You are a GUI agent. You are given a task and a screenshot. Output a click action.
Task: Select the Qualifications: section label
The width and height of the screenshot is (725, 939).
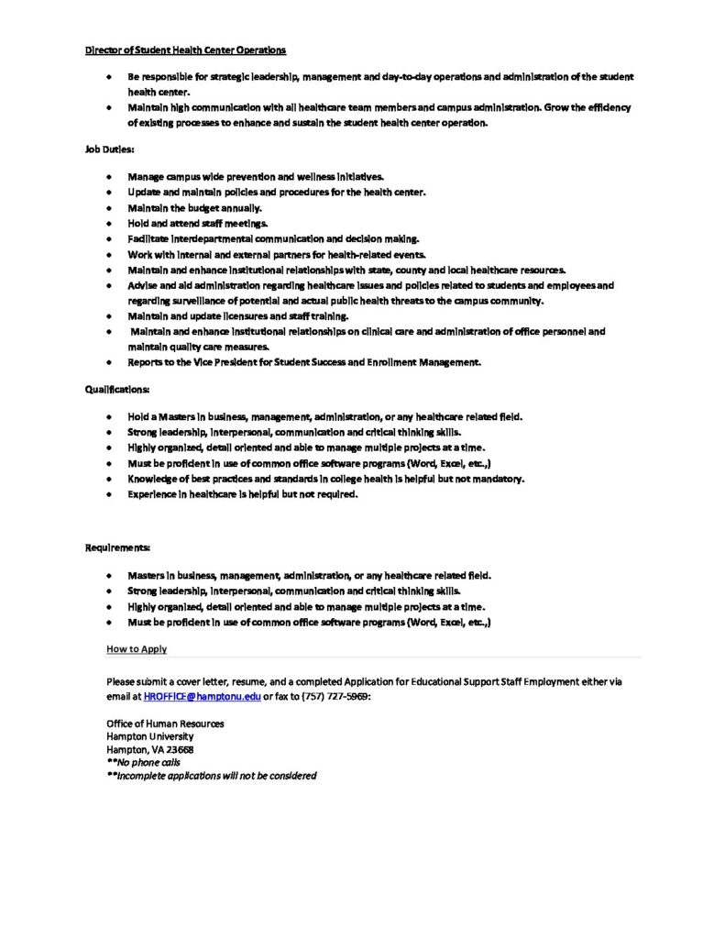click(104, 389)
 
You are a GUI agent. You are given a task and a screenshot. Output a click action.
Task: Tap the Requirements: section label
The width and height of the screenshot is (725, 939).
click(104, 547)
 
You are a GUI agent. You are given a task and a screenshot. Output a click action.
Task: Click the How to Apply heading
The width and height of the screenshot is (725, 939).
click(137, 649)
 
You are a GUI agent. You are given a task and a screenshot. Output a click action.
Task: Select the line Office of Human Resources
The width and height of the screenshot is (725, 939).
click(165, 724)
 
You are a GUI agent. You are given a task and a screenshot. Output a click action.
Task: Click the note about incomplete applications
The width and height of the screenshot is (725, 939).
click(211, 775)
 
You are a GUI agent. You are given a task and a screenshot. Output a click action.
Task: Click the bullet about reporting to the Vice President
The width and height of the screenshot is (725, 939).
click(304, 362)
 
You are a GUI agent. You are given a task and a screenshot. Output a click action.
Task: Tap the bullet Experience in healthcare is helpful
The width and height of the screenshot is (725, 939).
click(242, 494)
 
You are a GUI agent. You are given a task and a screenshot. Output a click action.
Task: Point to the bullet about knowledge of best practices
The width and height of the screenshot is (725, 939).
click(325, 479)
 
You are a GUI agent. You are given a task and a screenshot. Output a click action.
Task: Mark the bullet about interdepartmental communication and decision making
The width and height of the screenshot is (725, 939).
click(273, 238)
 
